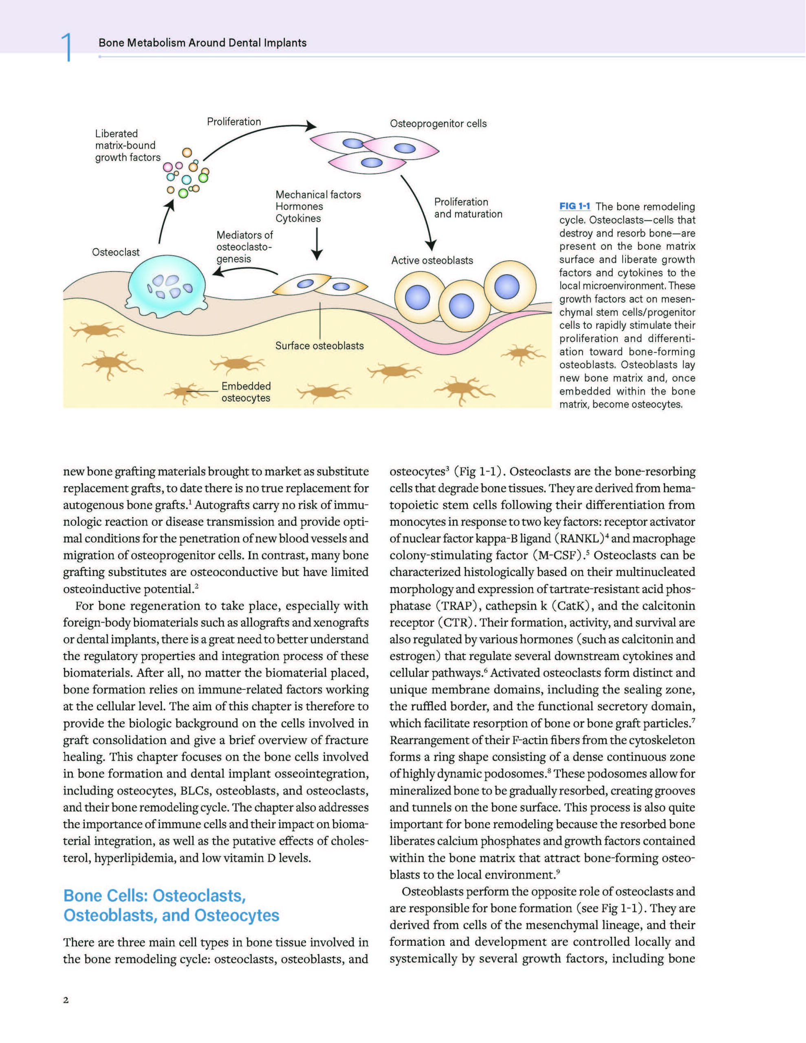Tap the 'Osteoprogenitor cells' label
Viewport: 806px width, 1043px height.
coord(438,124)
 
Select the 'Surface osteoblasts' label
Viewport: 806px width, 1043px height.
coord(319,346)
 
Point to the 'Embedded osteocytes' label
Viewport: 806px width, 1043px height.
coord(246,392)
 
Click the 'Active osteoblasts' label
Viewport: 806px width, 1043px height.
coord(432,260)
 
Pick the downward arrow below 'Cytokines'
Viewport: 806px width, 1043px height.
coord(317,244)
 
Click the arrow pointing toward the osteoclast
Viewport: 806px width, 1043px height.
coord(244,271)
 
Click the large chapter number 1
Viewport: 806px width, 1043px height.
coord(67,47)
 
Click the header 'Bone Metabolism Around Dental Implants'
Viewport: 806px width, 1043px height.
coord(203,42)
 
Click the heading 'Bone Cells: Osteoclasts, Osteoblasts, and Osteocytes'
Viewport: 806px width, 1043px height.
coord(171,905)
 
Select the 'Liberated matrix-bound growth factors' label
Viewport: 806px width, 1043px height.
coord(127,146)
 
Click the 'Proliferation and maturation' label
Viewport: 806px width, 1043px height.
coord(468,208)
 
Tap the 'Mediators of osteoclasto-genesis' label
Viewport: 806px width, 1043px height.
coord(244,247)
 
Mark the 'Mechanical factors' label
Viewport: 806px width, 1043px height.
coord(318,195)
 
